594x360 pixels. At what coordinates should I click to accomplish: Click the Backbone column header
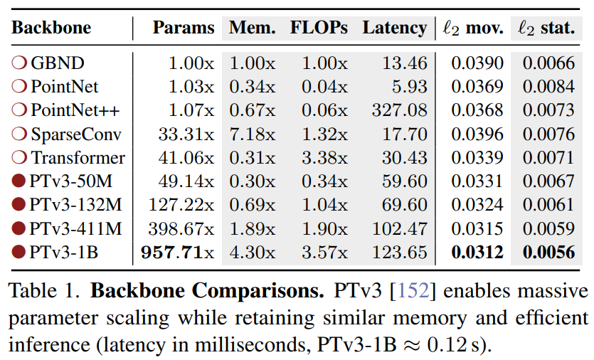point(51,28)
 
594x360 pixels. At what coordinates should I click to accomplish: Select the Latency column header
point(394,28)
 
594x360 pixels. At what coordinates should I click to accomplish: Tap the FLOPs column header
point(319,28)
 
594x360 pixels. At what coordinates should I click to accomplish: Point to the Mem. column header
point(253,28)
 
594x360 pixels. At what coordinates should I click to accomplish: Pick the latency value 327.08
point(400,110)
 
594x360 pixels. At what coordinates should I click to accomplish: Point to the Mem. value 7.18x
point(252,134)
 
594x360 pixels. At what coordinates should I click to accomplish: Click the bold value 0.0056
point(548,252)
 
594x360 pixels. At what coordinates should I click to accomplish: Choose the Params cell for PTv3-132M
point(181,205)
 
